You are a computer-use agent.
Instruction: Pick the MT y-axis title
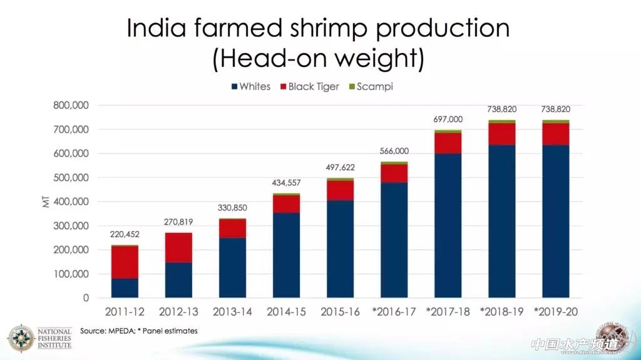(x=46, y=202)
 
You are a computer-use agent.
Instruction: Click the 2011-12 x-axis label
(x=125, y=312)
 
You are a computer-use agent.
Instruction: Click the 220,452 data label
(x=125, y=235)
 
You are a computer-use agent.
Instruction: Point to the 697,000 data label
(x=448, y=120)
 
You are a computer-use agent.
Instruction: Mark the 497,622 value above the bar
(x=340, y=168)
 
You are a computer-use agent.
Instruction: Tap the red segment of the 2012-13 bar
(x=178, y=247)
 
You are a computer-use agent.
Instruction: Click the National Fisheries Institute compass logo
(x=21, y=337)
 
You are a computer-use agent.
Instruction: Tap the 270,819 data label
(x=178, y=222)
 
